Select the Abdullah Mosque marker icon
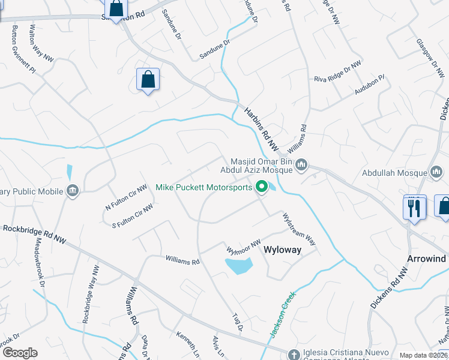tap(437, 173)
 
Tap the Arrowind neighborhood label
tap(427, 259)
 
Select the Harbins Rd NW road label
tap(262, 128)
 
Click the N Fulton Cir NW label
tap(126, 197)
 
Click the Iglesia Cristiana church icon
tap(293, 353)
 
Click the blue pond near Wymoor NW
tap(238, 265)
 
